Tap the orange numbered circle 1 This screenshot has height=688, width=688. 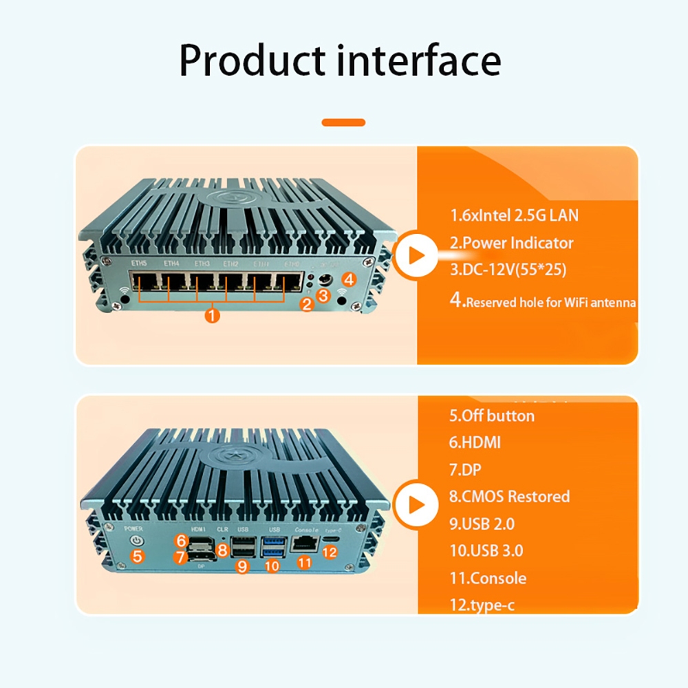(x=213, y=316)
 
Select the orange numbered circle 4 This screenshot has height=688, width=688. (x=349, y=279)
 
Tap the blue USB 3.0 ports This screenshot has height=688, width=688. (x=271, y=548)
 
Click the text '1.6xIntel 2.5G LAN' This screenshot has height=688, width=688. (x=514, y=215)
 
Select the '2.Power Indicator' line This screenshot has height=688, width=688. (x=511, y=243)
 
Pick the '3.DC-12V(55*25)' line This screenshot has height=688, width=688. (x=508, y=270)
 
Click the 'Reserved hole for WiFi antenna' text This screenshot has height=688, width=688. (x=550, y=302)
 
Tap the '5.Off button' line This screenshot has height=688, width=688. (x=491, y=416)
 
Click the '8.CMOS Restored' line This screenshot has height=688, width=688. (x=509, y=496)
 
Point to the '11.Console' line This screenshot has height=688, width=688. (x=488, y=578)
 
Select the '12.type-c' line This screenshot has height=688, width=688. (x=482, y=605)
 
